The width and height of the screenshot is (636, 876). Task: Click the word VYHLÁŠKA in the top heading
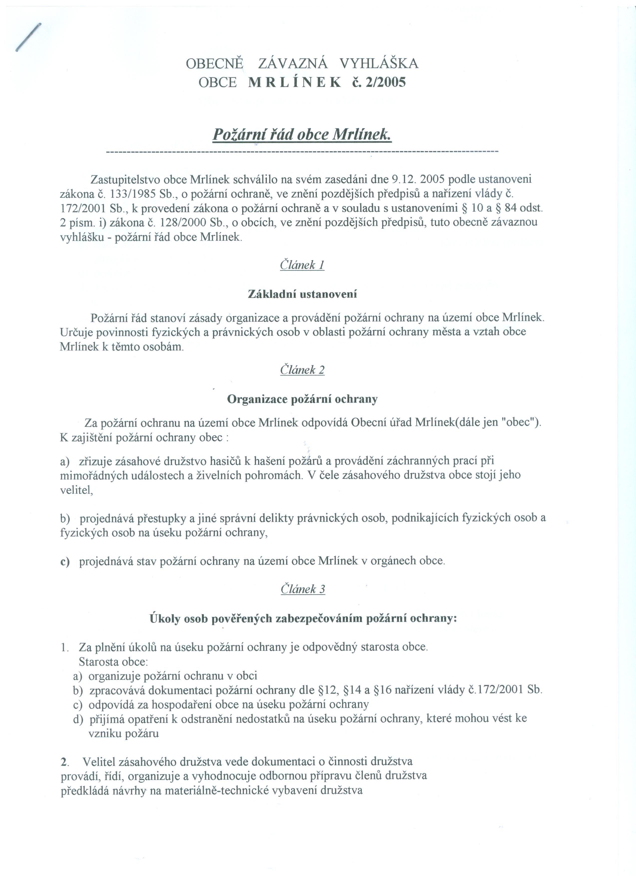pyautogui.click(x=379, y=63)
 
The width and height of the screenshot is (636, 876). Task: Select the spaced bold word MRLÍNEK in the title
pyautogui.click(x=295, y=82)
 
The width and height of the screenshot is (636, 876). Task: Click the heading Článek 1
pyautogui.click(x=302, y=265)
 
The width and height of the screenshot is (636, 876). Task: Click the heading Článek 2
pyautogui.click(x=302, y=370)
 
